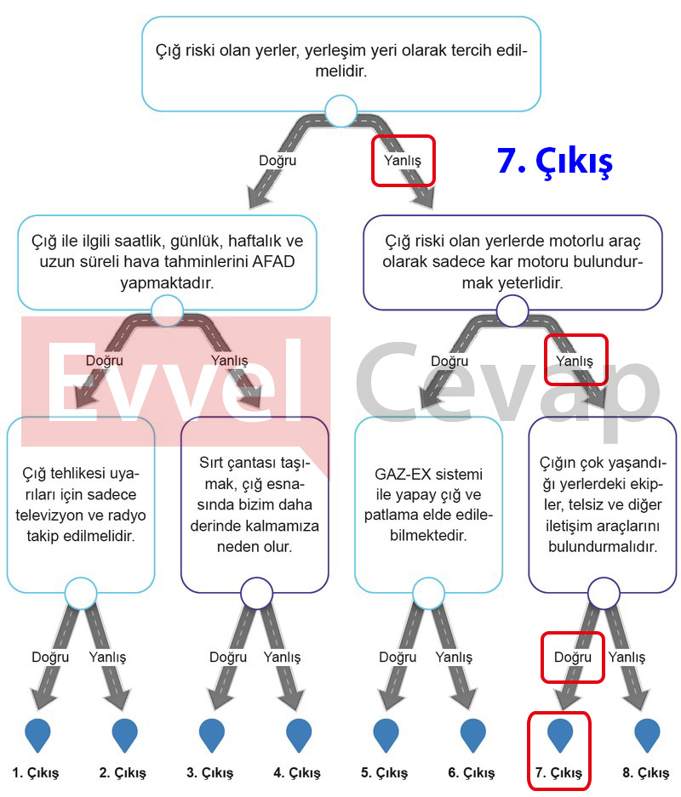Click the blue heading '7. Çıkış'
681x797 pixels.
[555, 161]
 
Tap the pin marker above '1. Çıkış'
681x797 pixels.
[37, 735]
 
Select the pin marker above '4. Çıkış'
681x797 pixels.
[299, 735]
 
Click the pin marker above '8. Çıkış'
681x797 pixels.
[647, 735]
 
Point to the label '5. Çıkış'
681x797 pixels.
[385, 773]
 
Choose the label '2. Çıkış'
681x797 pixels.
[123, 773]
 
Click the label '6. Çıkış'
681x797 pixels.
[472, 773]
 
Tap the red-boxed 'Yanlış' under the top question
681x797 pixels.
[403, 161]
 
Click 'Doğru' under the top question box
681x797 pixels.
[278, 161]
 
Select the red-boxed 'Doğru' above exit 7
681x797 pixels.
[573, 658]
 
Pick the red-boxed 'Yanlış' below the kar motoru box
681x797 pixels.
[575, 361]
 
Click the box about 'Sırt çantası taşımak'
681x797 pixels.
[255, 504]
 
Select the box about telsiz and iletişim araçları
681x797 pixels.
[603, 504]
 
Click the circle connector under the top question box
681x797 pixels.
[340, 111]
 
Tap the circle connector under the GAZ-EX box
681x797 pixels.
[429, 593]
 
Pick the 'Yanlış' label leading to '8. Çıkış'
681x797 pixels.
[627, 658]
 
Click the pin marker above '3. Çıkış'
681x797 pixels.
[212, 735]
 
